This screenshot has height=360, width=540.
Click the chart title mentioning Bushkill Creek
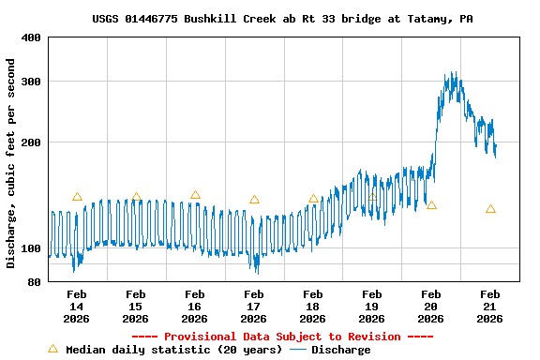tap(282, 19)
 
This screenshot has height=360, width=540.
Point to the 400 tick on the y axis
tap(31, 37)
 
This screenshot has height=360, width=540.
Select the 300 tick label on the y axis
tap(31, 82)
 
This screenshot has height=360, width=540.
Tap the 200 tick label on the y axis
tap(31, 142)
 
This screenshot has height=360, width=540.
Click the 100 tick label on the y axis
tap(31, 248)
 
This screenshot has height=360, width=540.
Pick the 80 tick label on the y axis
tap(34, 282)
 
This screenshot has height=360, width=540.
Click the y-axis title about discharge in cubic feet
tap(11, 163)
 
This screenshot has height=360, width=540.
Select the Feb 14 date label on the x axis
tap(77, 307)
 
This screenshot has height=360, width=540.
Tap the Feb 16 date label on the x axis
tap(195, 307)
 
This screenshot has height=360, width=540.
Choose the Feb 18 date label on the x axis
tap(313, 307)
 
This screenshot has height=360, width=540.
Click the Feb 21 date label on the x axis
tap(490, 307)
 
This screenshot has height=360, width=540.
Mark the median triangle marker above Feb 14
tap(77, 197)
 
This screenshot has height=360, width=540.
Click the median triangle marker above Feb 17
tap(254, 200)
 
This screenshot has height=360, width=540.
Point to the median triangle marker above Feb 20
tap(431, 204)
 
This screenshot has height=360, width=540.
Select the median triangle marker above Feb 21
tap(490, 209)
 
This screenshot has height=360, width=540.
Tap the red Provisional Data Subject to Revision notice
tap(282, 337)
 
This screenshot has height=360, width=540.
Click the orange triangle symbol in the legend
tap(52, 349)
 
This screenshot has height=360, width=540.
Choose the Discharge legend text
tap(340, 350)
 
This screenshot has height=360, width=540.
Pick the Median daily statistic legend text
tap(173, 350)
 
